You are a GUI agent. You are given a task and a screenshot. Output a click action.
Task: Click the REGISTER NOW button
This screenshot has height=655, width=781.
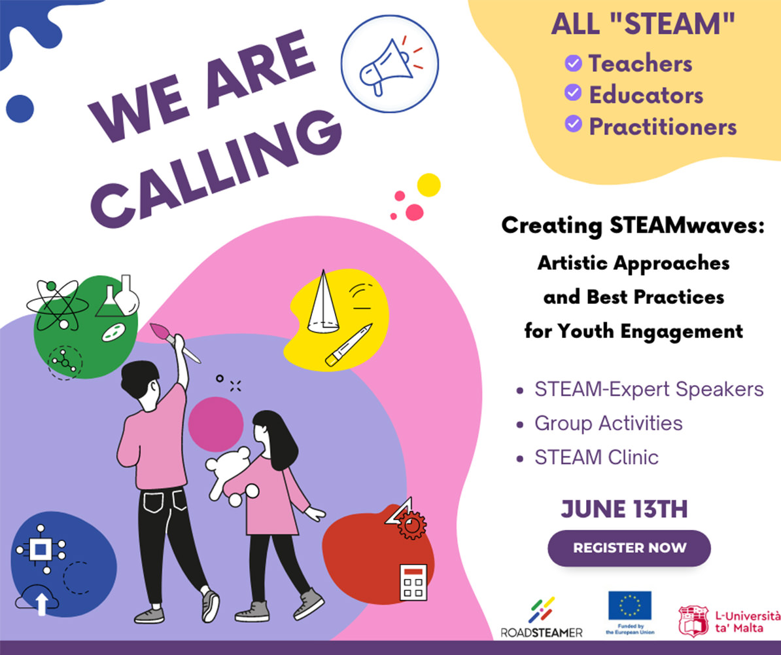[x=629, y=548]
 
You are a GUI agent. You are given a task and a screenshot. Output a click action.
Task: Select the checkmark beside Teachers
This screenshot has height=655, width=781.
[x=573, y=64]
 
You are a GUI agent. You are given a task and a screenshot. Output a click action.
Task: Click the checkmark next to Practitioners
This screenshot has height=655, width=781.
[x=573, y=124]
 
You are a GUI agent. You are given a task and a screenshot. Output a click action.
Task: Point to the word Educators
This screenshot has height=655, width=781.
[x=646, y=95]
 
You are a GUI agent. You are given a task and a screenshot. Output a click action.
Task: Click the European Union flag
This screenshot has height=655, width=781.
[x=630, y=605]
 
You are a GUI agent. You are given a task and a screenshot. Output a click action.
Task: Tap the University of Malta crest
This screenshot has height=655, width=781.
[x=693, y=620]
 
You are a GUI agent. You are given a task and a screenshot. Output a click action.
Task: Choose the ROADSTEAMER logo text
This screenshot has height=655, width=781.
[x=542, y=633]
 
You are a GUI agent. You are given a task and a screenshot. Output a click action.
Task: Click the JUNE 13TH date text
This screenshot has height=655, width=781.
[x=624, y=510]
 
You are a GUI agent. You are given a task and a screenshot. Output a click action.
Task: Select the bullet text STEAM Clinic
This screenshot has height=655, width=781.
[x=596, y=457]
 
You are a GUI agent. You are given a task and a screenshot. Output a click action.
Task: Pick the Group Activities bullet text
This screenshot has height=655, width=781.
[x=608, y=423]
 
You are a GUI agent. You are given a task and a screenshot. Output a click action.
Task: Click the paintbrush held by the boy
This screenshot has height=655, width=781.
[x=175, y=342]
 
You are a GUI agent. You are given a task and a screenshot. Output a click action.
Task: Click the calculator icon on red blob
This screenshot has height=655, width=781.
[x=413, y=582]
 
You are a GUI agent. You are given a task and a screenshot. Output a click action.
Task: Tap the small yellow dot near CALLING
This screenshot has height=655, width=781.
[x=428, y=185]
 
